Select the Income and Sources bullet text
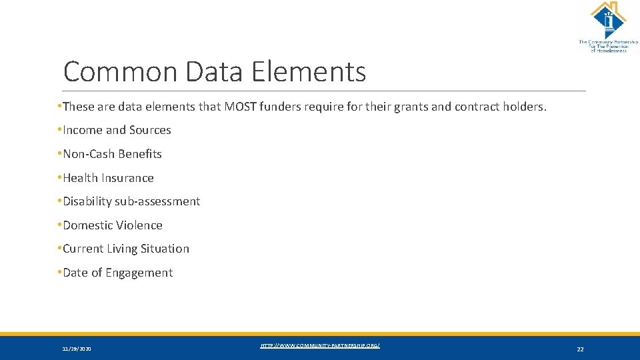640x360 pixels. point(117,130)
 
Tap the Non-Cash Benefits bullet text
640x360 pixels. point(112,154)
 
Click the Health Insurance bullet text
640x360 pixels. point(108,178)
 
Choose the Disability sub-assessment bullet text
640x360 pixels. point(131,201)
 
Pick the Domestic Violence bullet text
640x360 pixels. point(113,225)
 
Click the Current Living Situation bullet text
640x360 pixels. point(126,249)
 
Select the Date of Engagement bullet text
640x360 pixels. point(117,273)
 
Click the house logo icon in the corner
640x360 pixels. point(607,20)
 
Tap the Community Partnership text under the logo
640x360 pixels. point(607,47)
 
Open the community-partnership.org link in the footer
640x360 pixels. point(320,345)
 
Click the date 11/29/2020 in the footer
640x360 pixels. point(77,349)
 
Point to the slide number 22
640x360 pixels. point(580,349)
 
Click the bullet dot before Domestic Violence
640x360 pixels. point(59,225)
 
